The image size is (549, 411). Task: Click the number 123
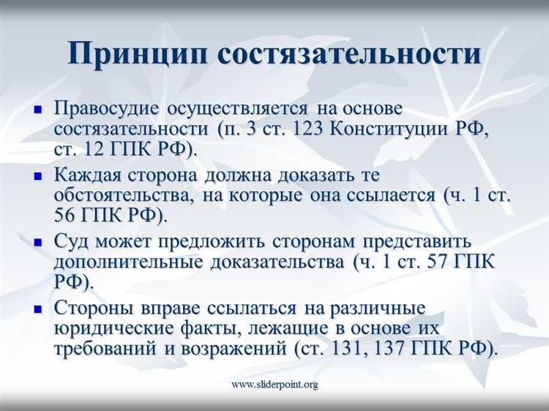click(x=307, y=129)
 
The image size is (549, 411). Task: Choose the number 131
click(x=345, y=349)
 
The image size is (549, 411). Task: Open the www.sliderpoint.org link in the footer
click(x=274, y=384)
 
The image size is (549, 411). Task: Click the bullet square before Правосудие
click(x=40, y=109)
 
